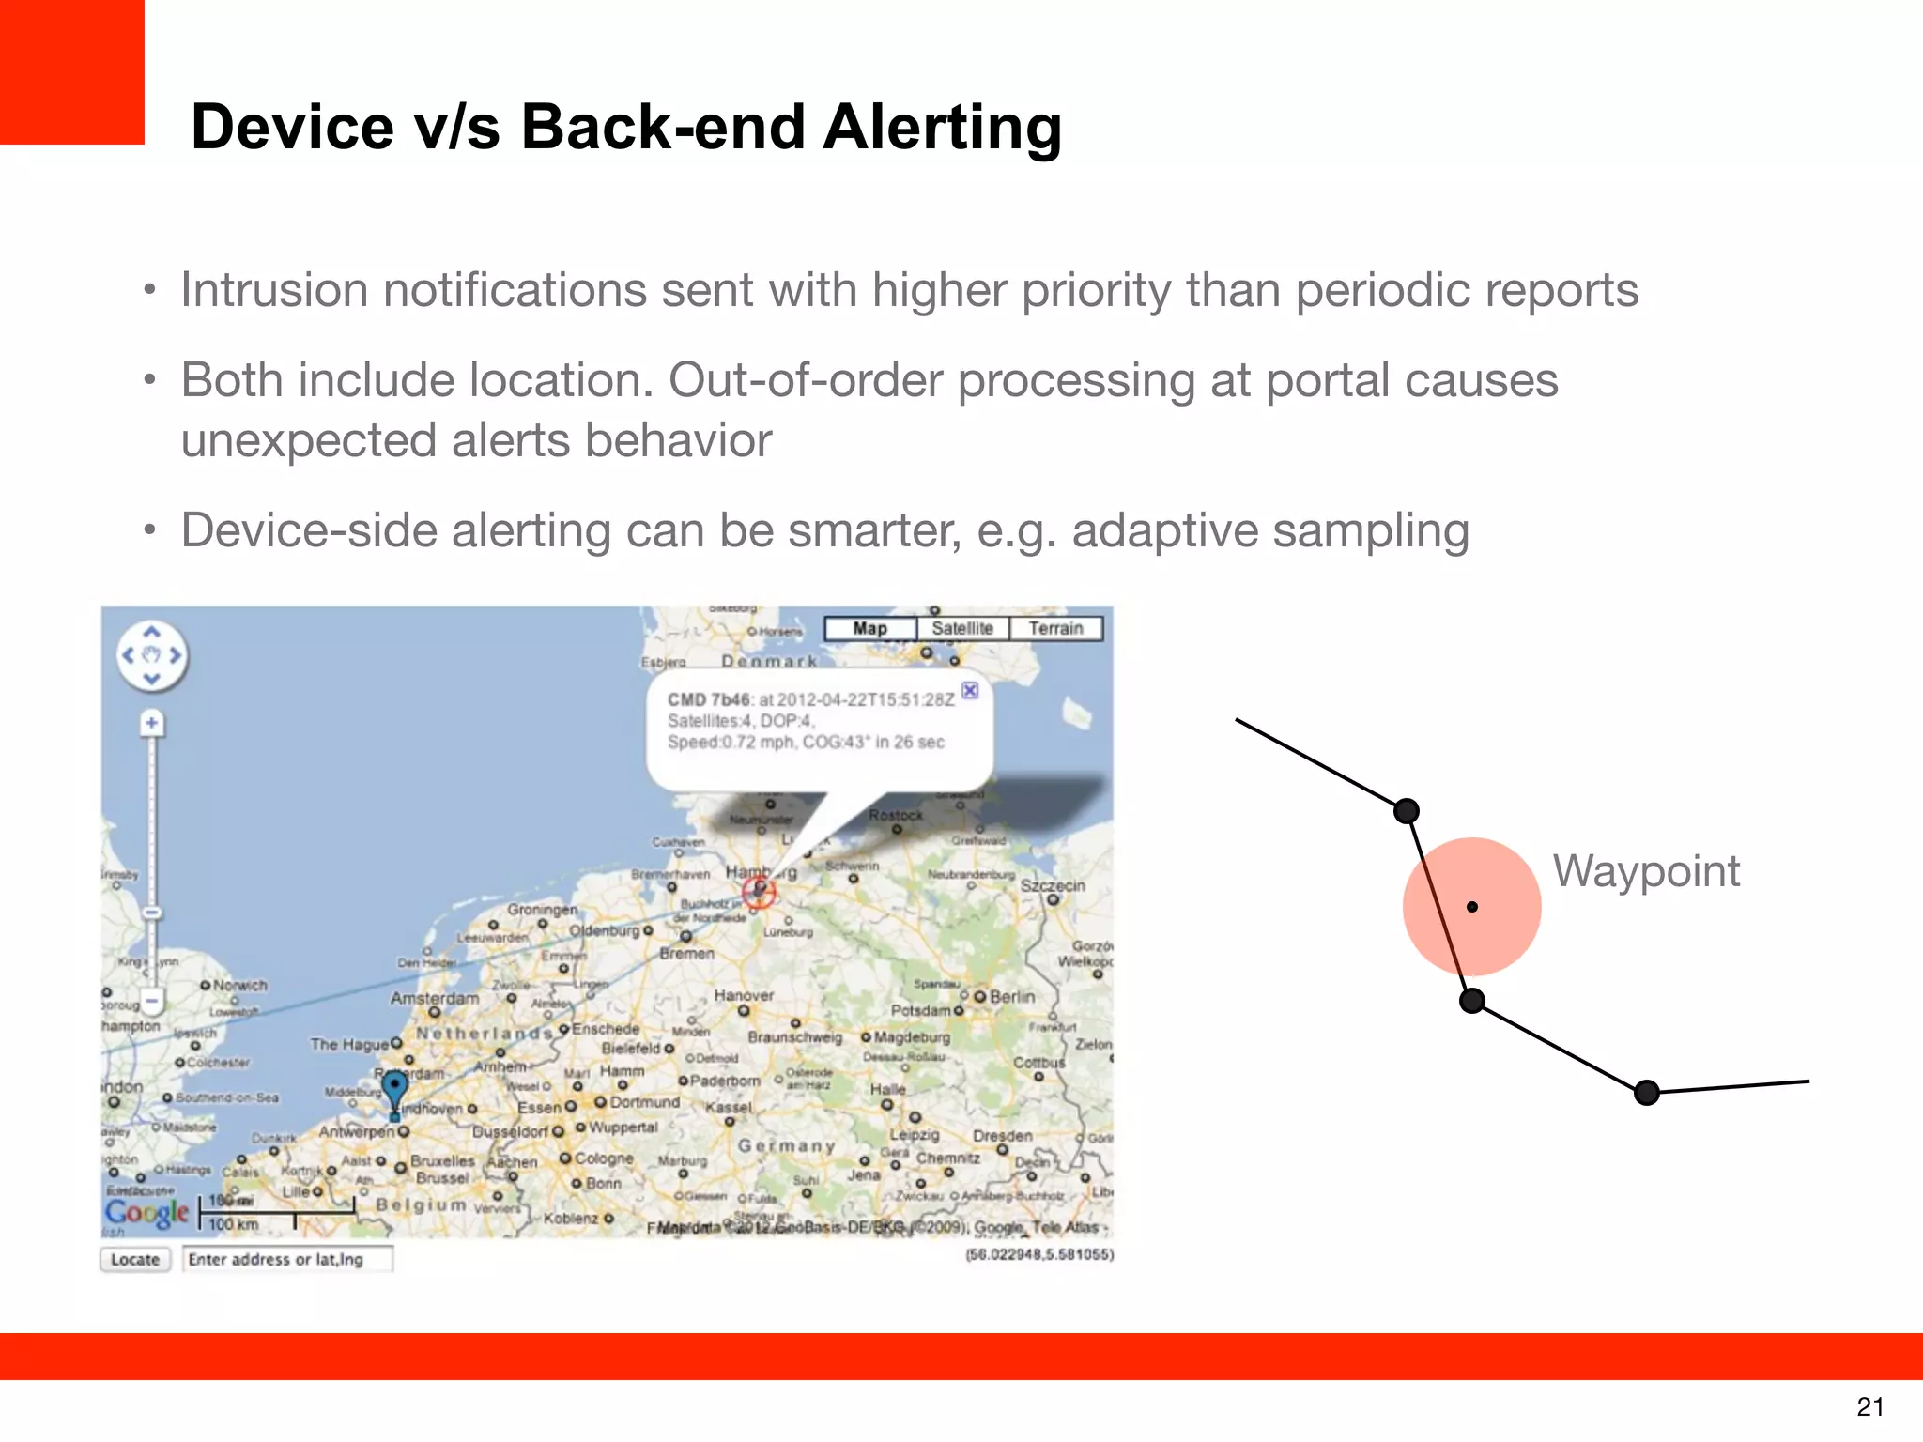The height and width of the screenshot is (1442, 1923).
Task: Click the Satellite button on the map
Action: coord(961,628)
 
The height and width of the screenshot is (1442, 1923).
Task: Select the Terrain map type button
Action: coord(1055,628)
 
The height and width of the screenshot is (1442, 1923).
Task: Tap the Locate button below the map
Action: coord(135,1259)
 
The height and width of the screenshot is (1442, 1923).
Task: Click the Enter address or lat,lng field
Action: coord(287,1259)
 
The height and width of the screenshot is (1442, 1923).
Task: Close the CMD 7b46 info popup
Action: coord(970,690)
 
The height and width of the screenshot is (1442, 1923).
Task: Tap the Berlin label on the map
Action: coord(1011,996)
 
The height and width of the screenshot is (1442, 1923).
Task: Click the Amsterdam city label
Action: coord(434,998)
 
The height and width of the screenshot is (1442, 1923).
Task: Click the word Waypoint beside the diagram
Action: coord(1646,870)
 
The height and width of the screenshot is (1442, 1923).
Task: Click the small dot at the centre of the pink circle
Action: coord(1472,907)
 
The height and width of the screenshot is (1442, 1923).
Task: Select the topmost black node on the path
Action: coord(1406,811)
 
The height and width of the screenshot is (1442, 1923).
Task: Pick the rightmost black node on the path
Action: coord(1646,1093)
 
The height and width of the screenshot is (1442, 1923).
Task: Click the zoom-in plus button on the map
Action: coord(151,723)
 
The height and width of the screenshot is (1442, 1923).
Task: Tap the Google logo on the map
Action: coord(146,1212)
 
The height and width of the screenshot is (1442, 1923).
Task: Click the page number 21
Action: coord(1869,1406)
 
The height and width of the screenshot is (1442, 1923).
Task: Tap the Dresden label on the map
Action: coord(1002,1135)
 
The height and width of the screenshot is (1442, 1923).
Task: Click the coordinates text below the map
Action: coord(1038,1254)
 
